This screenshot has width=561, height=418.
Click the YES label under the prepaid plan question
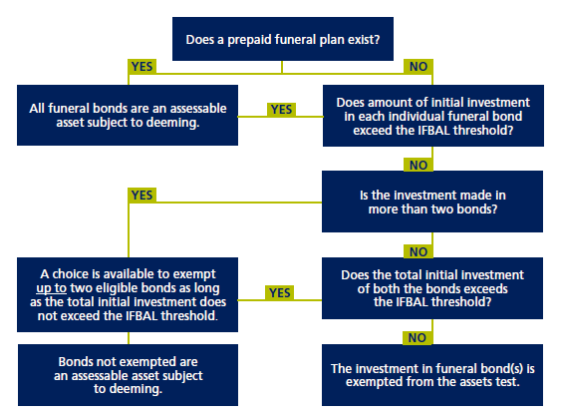(x=141, y=67)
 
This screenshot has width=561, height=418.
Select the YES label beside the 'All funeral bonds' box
(x=281, y=110)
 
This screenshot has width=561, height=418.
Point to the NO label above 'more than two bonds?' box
(x=419, y=164)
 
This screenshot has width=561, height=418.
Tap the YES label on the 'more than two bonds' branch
(x=141, y=196)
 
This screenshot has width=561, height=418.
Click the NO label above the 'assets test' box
(x=419, y=336)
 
